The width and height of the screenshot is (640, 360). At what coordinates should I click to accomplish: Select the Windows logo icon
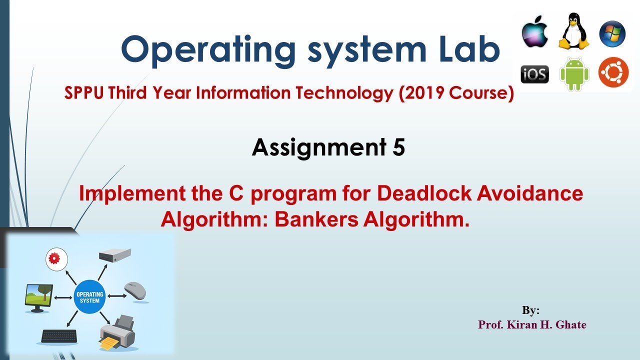point(612,34)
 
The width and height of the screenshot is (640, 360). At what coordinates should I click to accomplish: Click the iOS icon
point(534,74)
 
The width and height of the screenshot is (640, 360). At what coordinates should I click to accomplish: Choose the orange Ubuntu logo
point(613,73)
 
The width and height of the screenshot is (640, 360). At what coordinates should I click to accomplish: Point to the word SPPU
point(84,93)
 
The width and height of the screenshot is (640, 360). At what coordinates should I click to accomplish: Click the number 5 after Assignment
point(398,147)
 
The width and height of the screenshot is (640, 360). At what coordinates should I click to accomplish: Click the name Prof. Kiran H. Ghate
point(532,324)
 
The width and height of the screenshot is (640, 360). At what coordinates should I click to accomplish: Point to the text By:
point(530,310)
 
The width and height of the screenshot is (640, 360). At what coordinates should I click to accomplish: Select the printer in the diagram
point(118,331)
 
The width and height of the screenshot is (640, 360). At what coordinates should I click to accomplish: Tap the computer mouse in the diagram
point(135,290)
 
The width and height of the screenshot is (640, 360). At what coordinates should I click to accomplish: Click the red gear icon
point(55,258)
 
